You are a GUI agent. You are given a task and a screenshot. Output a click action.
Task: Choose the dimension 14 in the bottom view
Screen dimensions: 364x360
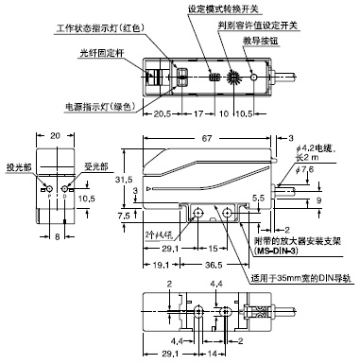215,355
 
